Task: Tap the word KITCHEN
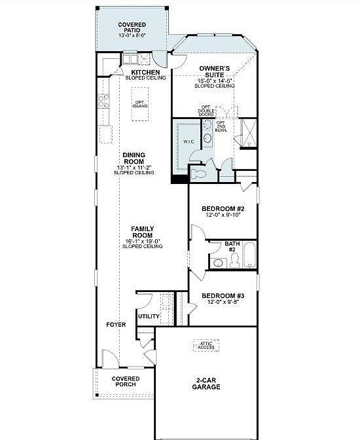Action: (145, 72)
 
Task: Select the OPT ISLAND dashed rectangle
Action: (140, 104)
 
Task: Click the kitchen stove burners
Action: (103, 101)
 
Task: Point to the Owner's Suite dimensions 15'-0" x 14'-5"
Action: (215, 81)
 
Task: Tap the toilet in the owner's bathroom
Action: (198, 172)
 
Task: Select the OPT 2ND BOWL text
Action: (222, 126)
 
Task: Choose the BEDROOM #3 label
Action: (223, 295)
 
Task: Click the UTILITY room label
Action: (149, 317)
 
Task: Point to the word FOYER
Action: (116, 325)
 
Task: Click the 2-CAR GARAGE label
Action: (206, 383)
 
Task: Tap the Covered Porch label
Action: (125, 381)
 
